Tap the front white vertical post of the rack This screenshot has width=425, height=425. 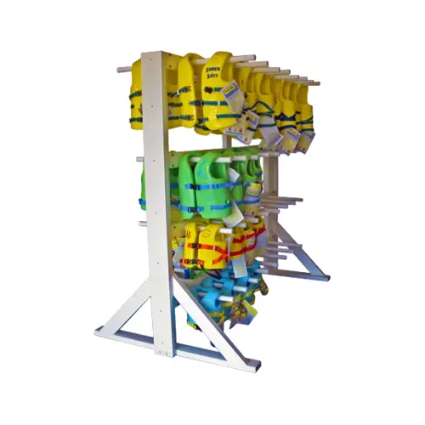coord(158,204)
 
